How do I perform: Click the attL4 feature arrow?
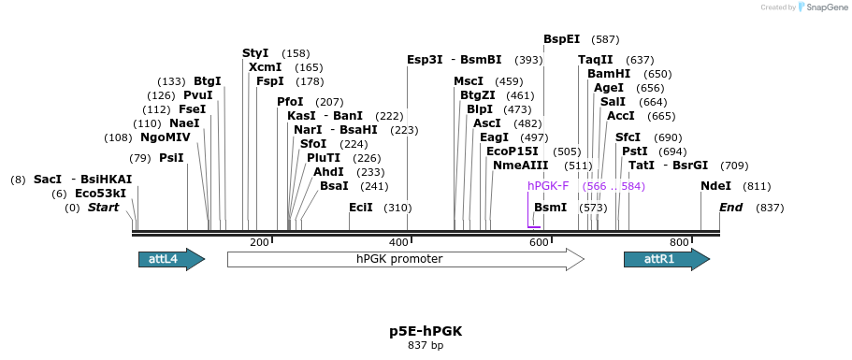click(x=171, y=259)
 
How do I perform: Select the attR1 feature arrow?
click(x=666, y=259)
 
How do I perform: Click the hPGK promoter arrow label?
click(x=399, y=259)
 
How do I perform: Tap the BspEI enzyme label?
click(x=561, y=39)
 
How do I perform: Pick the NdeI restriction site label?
click(x=715, y=186)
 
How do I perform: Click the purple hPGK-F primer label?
click(x=548, y=186)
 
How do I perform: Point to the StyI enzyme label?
click(x=255, y=53)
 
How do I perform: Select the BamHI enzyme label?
click(x=609, y=74)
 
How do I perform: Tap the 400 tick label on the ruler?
click(x=398, y=242)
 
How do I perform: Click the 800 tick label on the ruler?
click(x=679, y=242)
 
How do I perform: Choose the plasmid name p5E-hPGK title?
click(x=426, y=331)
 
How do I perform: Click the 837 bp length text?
click(x=426, y=346)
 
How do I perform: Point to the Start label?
click(x=103, y=208)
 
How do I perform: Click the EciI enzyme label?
click(x=360, y=208)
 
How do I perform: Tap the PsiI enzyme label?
click(x=171, y=158)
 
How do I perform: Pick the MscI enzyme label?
click(x=469, y=81)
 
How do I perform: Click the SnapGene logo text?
click(x=822, y=7)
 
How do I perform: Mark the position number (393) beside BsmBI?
click(x=528, y=60)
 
